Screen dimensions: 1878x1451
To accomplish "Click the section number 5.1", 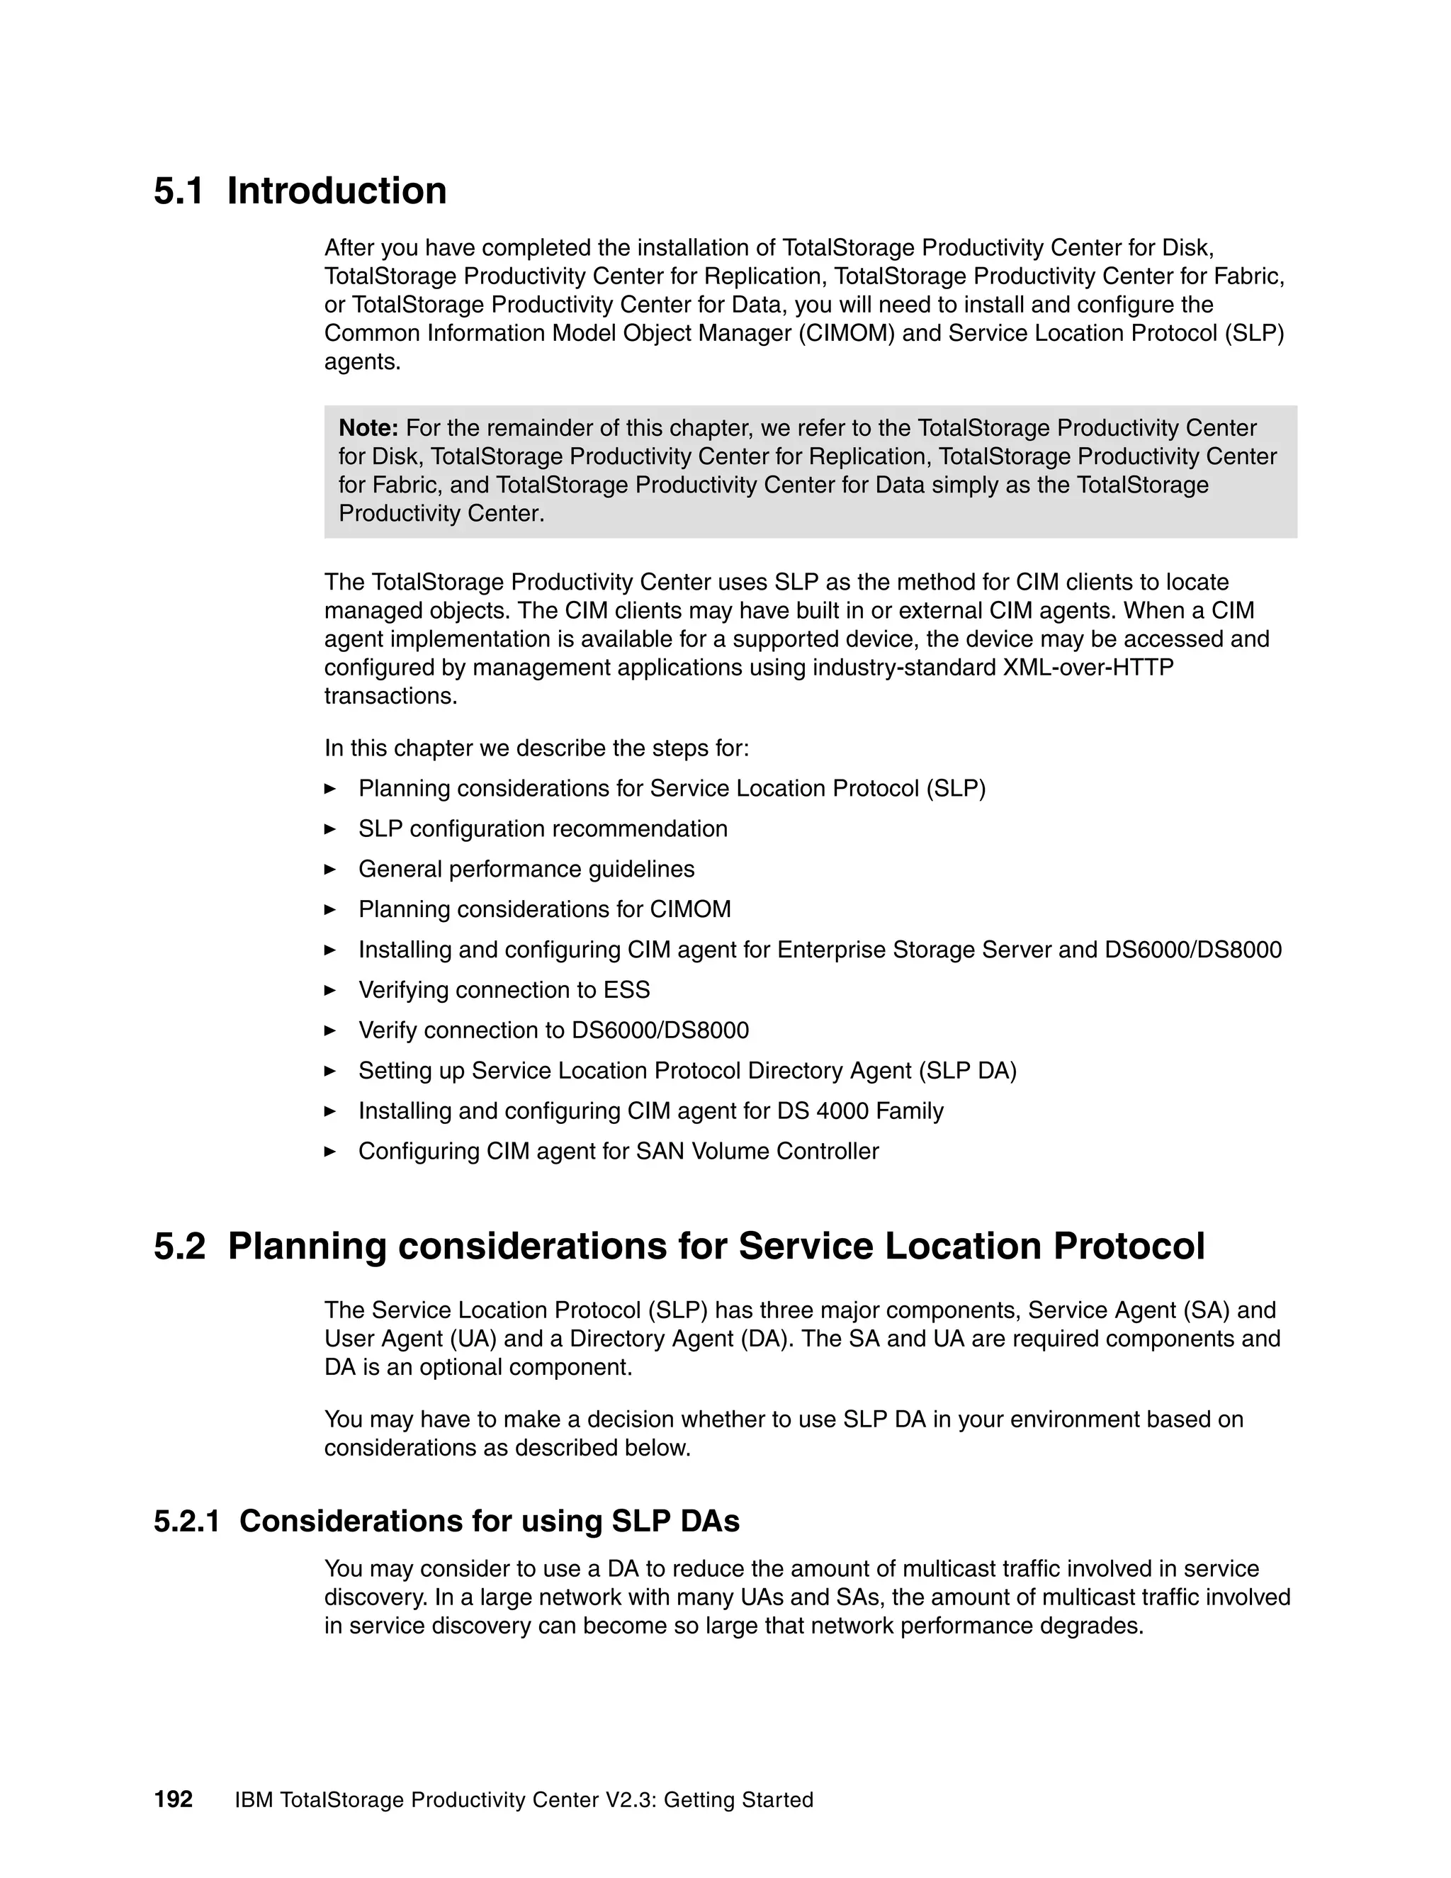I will pos(179,191).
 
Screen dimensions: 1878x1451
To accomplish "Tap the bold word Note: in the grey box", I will pos(368,428).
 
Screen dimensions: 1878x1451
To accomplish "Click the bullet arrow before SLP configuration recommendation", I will pos(330,829).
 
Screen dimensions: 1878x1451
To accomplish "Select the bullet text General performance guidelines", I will pos(526,870).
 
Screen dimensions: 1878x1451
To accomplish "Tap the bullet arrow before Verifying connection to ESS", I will pos(330,990).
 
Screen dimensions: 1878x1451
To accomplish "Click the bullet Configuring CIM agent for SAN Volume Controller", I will pos(618,1152).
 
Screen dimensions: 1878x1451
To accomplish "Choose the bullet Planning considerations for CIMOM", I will pos(544,910).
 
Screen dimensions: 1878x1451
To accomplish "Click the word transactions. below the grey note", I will pos(390,696).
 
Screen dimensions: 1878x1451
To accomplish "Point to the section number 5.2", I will pos(180,1247).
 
